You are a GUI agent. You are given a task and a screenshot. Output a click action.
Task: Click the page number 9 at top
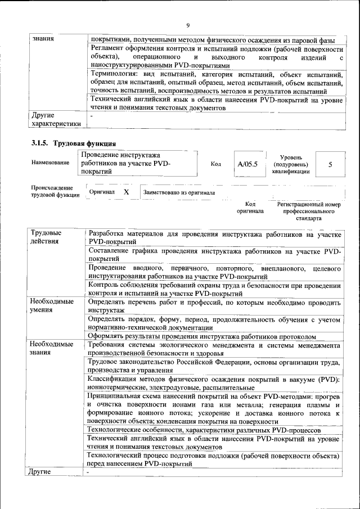point(188,25)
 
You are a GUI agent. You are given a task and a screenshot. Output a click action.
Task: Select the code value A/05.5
point(247,165)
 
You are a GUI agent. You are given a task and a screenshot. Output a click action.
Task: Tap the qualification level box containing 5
point(330,165)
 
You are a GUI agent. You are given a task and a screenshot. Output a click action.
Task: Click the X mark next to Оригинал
point(127,192)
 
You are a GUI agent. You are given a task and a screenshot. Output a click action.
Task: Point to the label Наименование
point(51,163)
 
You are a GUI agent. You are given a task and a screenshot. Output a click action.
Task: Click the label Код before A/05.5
point(215,164)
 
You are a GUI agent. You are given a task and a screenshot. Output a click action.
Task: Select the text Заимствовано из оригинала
point(179,192)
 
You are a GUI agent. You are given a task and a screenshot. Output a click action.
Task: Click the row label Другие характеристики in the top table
point(56,119)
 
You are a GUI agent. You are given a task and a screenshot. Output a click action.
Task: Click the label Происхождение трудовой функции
point(52,191)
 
